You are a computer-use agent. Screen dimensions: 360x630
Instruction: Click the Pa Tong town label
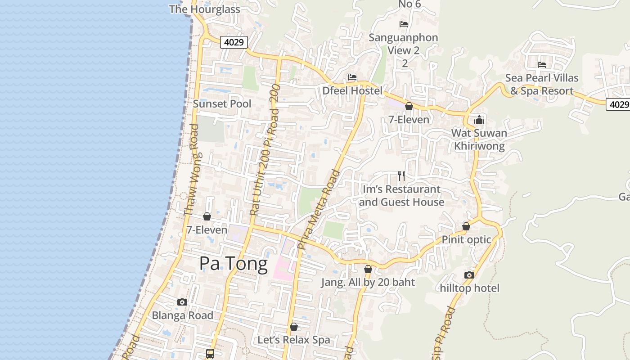(x=234, y=263)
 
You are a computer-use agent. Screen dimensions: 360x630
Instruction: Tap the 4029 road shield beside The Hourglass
(x=234, y=42)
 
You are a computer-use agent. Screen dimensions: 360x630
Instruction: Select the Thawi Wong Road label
(x=192, y=170)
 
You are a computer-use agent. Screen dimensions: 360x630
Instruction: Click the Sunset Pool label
(x=222, y=103)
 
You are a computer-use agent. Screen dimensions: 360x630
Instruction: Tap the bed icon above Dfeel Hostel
(x=352, y=78)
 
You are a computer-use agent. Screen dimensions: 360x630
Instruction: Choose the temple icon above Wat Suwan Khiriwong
(x=479, y=120)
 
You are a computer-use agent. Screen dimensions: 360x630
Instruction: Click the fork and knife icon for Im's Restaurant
(x=401, y=176)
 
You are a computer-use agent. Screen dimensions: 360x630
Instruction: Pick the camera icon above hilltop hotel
(x=469, y=275)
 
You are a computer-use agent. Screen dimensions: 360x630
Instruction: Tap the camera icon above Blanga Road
(x=182, y=302)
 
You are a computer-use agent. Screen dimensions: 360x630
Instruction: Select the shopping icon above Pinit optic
(x=466, y=226)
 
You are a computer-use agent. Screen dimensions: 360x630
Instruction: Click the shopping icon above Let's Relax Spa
(x=294, y=327)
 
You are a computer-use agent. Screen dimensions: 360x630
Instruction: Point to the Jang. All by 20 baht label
(x=368, y=283)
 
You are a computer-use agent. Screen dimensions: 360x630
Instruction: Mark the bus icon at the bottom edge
(x=210, y=354)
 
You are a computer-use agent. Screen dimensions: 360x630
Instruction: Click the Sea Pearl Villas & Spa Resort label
(x=542, y=84)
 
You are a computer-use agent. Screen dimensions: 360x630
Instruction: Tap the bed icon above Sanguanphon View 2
(x=404, y=24)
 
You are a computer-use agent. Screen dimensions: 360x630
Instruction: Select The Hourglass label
(x=205, y=9)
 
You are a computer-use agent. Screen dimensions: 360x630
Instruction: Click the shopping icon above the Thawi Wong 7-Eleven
(x=207, y=217)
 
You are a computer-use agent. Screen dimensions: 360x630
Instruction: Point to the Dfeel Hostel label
(x=352, y=91)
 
